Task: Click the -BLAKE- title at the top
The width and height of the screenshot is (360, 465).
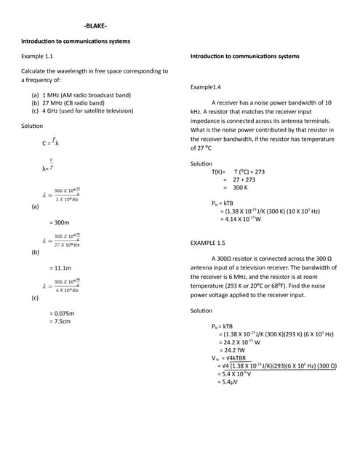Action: click(x=95, y=26)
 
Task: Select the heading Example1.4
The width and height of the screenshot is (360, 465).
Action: click(x=205, y=86)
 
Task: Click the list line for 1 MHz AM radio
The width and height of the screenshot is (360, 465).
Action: click(x=80, y=95)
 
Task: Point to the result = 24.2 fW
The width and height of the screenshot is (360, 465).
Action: click(x=234, y=349)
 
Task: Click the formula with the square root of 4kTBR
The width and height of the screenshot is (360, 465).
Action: click(x=228, y=357)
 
